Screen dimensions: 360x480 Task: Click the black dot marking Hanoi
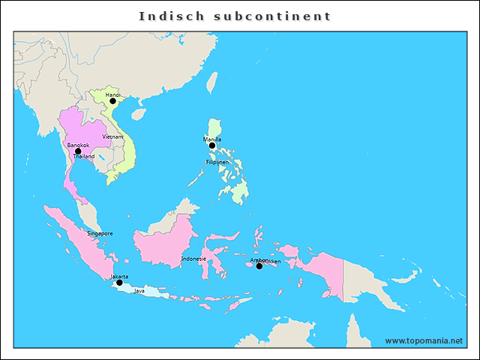(112, 100)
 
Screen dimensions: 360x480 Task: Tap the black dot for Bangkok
(78, 151)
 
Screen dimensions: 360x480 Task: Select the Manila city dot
(212, 146)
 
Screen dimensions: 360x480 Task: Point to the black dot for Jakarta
(119, 283)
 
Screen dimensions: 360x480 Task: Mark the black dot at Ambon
(259, 266)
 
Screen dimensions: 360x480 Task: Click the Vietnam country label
(112, 136)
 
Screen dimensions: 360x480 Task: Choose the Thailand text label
(83, 157)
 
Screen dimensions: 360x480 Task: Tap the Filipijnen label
(217, 162)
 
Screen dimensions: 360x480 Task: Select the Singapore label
(100, 233)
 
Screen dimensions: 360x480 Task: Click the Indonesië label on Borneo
(193, 259)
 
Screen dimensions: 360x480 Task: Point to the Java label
(139, 291)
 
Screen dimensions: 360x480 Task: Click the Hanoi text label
(113, 95)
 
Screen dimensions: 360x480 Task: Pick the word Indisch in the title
(167, 16)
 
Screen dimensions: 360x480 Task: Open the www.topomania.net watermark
(424, 341)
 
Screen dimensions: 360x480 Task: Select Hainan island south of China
(138, 115)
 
